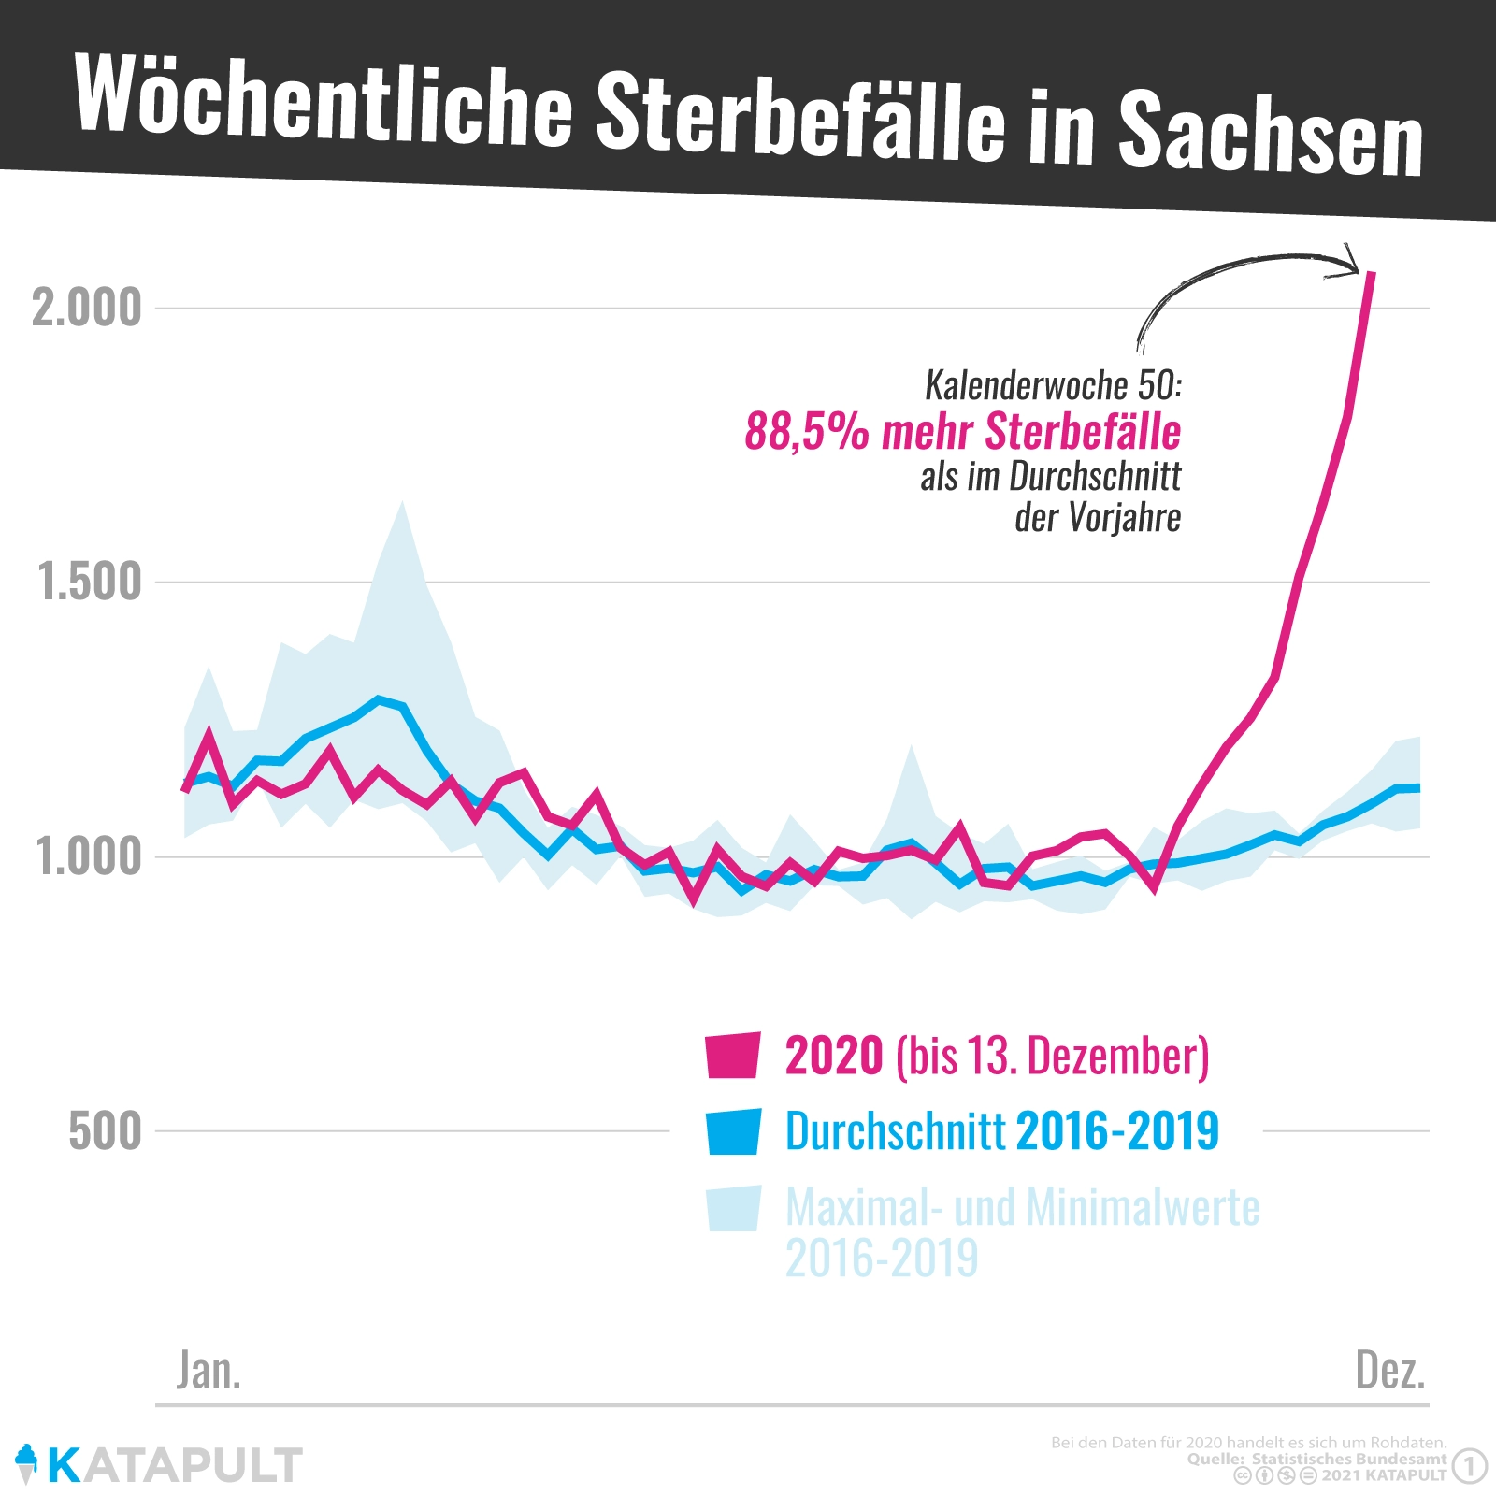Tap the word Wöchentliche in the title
pyautogui.click(x=323, y=99)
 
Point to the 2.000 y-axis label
pyautogui.click(x=87, y=308)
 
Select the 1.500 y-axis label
pyautogui.click(x=90, y=582)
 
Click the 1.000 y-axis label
pyautogui.click(x=90, y=856)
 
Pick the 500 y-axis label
pyautogui.click(x=105, y=1131)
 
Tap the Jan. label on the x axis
pyautogui.click(x=209, y=1371)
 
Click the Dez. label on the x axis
pyautogui.click(x=1390, y=1371)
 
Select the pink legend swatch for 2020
pyautogui.click(x=732, y=1056)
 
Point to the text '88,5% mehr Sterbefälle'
pyautogui.click(x=962, y=432)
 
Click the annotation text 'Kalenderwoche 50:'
pyautogui.click(x=1053, y=385)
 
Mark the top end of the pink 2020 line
pyautogui.click(x=1371, y=273)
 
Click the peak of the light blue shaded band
pyautogui.click(x=402, y=505)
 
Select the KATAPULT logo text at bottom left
pyautogui.click(x=174, y=1464)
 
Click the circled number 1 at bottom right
pyautogui.click(x=1470, y=1465)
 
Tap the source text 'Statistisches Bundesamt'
pyautogui.click(x=1348, y=1459)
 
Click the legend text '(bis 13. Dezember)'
pyautogui.click(x=1052, y=1056)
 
